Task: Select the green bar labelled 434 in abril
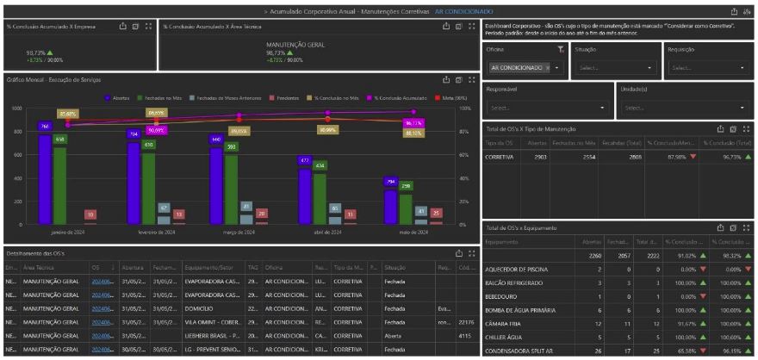click(320, 198)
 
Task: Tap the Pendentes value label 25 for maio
click(437, 213)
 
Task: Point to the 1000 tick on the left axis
click(16, 109)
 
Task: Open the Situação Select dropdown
click(617, 67)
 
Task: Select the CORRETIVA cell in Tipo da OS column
click(500, 158)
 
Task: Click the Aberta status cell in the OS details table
click(395, 335)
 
